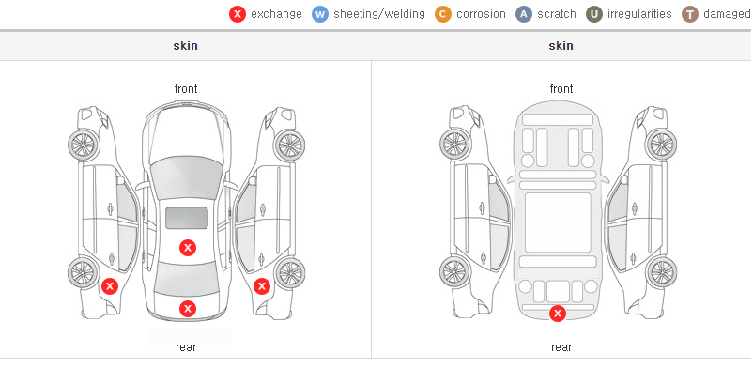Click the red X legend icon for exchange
point(238,14)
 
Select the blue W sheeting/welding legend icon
point(320,14)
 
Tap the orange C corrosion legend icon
point(443,14)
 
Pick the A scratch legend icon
point(524,14)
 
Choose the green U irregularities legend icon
point(594,14)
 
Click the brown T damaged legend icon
point(689,14)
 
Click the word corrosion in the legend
point(481,14)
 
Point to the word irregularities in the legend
point(639,14)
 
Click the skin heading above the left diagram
point(185,46)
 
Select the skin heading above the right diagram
point(561,46)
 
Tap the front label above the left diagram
point(186,89)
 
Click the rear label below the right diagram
point(561,347)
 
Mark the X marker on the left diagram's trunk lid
point(188,309)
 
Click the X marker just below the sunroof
point(188,248)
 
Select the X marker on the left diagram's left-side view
point(110,287)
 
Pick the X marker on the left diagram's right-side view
point(262,287)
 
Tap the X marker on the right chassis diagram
point(558,314)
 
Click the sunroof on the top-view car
point(187,218)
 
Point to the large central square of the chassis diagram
point(558,222)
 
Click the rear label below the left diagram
point(186,347)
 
